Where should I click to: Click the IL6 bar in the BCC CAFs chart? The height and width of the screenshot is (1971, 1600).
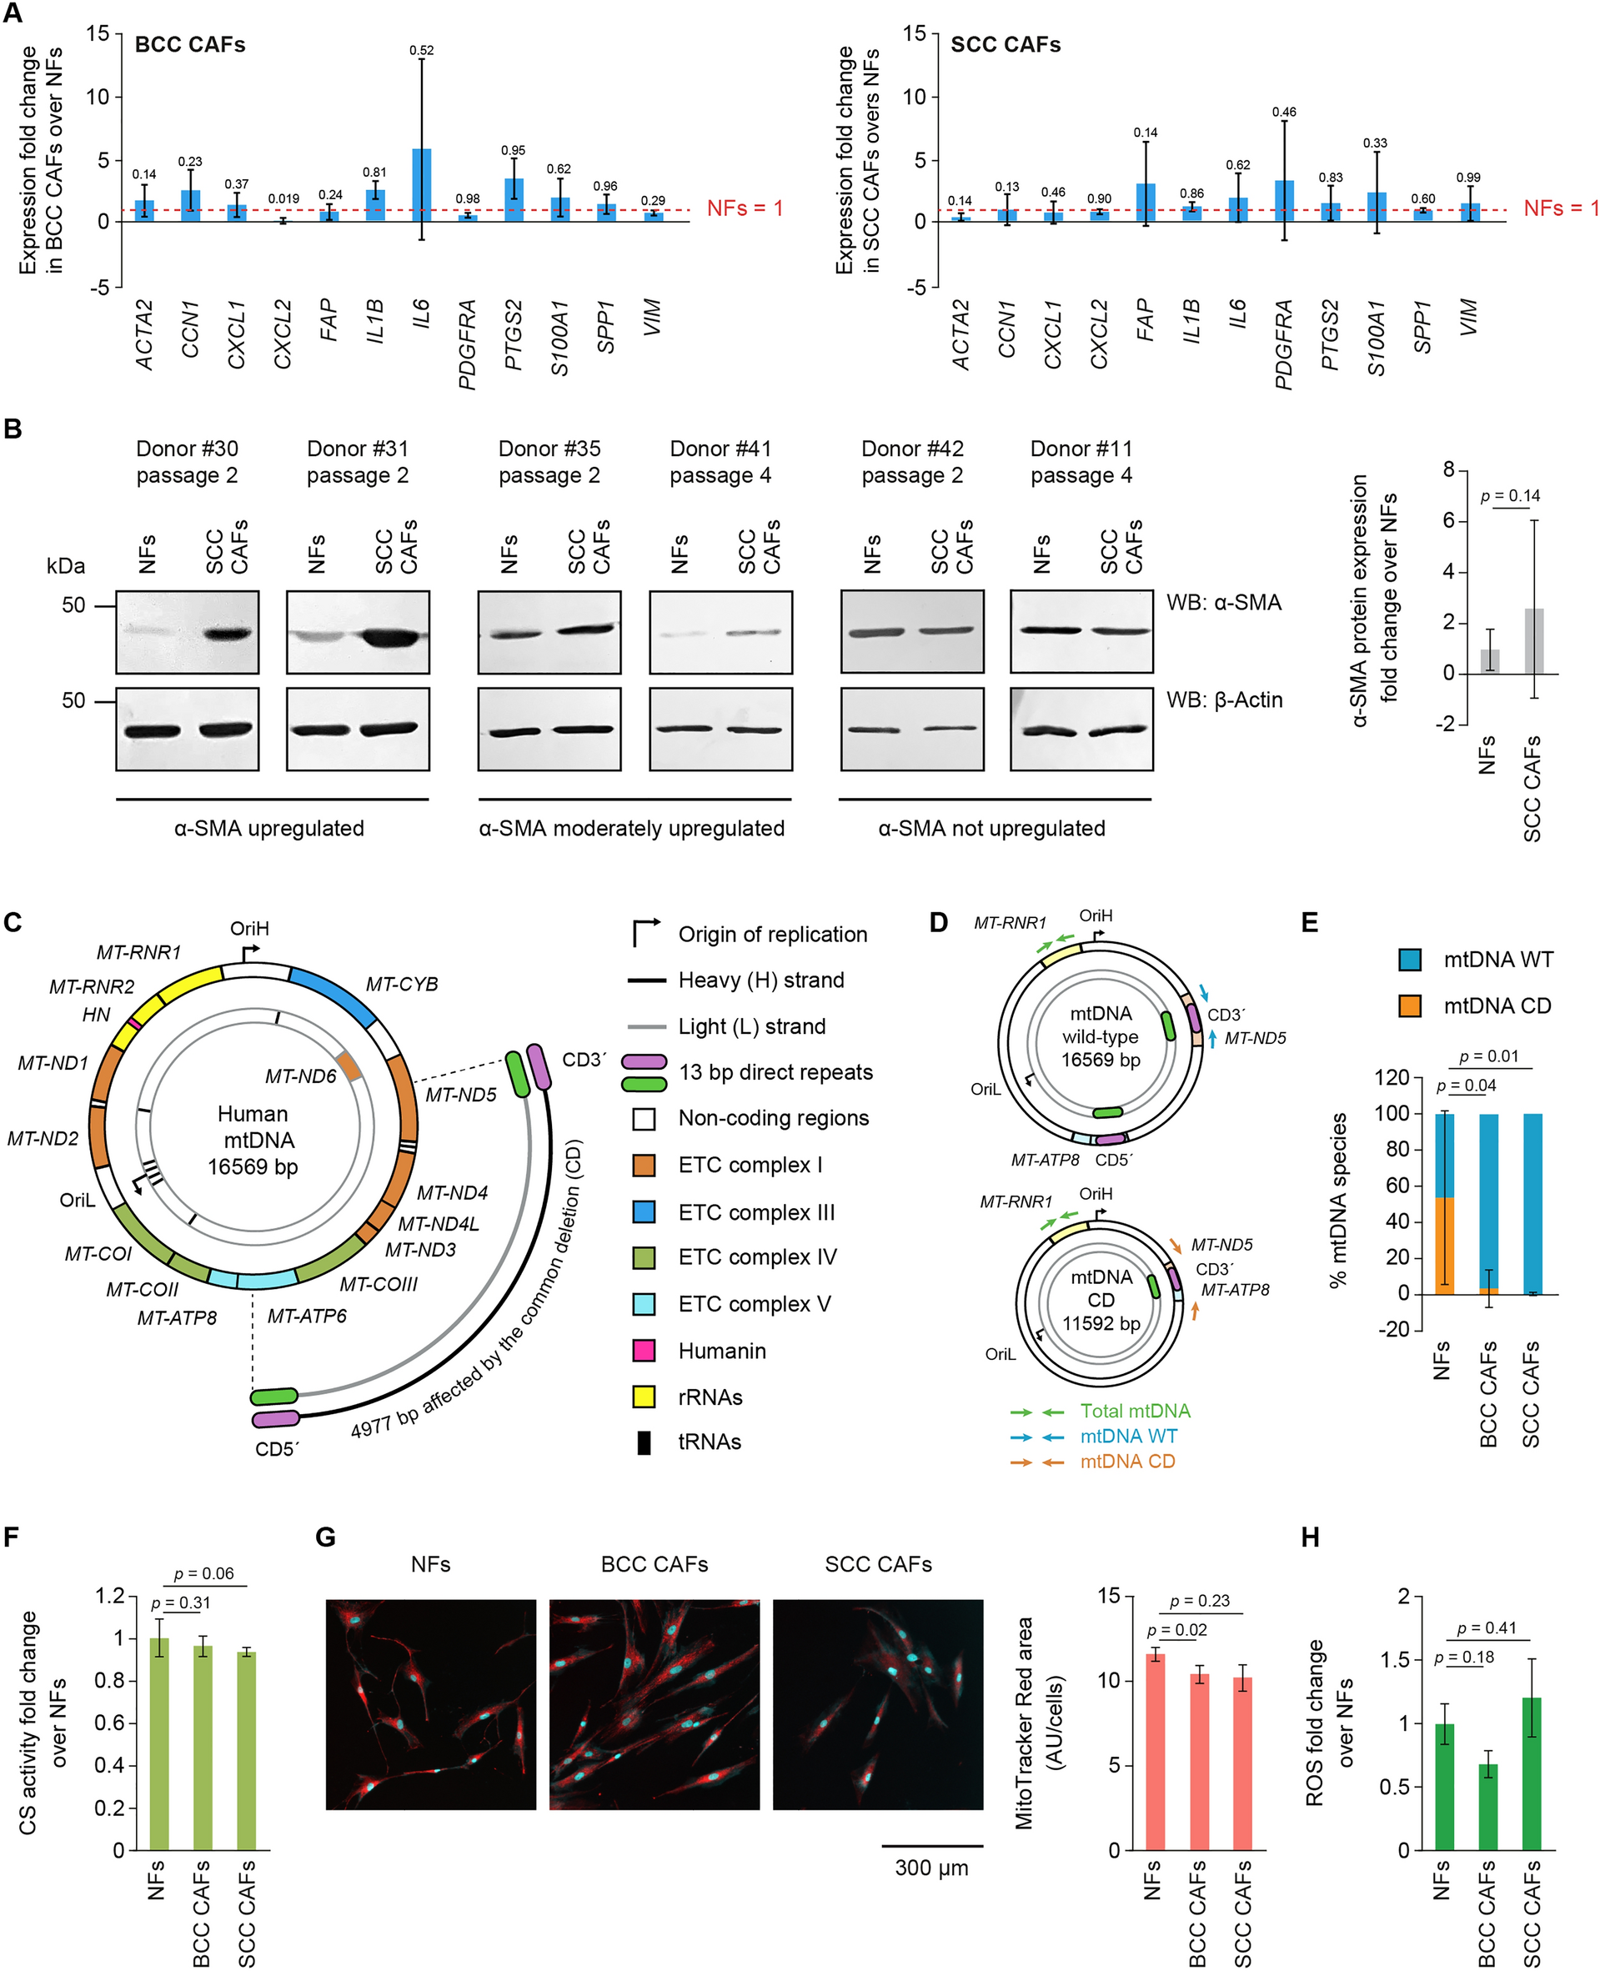(x=421, y=185)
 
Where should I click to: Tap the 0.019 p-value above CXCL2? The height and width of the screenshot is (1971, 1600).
(x=283, y=198)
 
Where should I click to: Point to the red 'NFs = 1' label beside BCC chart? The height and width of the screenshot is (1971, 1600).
(x=745, y=208)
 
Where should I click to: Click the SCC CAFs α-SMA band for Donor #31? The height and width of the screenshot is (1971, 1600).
(x=394, y=637)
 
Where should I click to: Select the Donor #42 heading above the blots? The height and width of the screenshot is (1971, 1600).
(x=911, y=449)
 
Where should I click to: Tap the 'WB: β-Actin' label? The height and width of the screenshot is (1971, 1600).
(x=1224, y=700)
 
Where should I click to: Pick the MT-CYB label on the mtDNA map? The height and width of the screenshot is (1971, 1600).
(x=402, y=984)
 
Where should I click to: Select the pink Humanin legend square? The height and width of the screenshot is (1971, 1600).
(x=644, y=1351)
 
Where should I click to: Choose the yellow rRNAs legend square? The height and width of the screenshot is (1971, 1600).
(x=644, y=1397)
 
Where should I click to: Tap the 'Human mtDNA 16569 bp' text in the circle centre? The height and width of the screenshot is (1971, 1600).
(x=253, y=1140)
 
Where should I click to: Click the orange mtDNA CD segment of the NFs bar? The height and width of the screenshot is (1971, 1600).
(x=1444, y=1245)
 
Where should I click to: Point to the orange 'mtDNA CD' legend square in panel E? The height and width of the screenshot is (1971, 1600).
(x=1409, y=1006)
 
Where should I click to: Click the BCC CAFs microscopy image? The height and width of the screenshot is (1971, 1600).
(x=655, y=1705)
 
